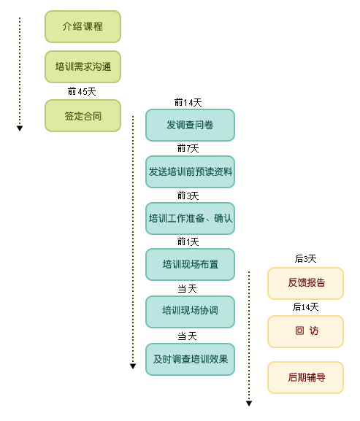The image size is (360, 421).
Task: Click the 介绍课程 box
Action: pos(83,26)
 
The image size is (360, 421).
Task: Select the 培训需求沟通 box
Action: pos(83,66)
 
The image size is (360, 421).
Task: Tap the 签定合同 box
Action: pos(83,116)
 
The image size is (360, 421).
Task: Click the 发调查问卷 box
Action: pos(190,125)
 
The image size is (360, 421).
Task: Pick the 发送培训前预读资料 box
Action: pos(190,172)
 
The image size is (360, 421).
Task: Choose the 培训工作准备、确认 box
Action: pos(190,218)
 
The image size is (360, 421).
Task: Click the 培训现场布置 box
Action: pos(190,264)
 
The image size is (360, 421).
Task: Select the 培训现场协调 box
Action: pos(190,312)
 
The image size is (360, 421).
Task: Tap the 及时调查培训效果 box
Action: pos(190,359)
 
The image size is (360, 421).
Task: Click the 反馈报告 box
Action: pos(306,283)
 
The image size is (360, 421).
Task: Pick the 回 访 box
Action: pos(306,331)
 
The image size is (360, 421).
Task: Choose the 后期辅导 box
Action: pos(306,377)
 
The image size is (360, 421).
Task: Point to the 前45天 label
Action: pos(82,91)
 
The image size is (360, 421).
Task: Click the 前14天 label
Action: pos(188,102)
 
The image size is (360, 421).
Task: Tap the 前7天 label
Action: pos(188,148)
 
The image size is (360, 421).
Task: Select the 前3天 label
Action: pos(188,196)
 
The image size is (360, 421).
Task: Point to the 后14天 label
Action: pos(306,306)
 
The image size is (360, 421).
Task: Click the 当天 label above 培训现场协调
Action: pos(187,289)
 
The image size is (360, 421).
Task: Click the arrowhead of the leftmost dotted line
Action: pos(20,128)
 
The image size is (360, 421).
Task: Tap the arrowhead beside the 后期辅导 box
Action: pos(249,403)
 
